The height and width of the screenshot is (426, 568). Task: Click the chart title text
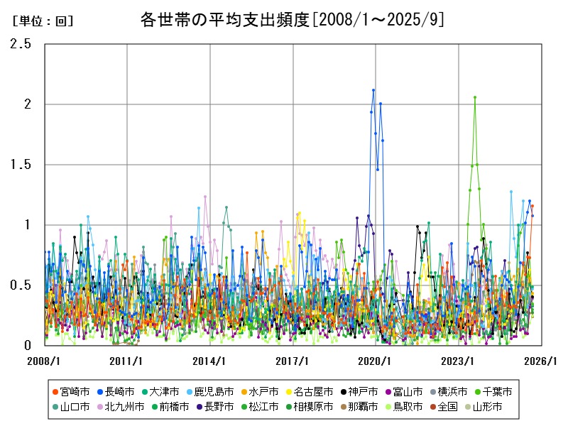click(x=293, y=20)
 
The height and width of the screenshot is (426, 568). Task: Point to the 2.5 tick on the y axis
click(x=21, y=44)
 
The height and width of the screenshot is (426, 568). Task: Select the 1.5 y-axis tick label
click(x=21, y=165)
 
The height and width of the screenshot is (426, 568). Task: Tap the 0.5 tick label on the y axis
click(x=21, y=285)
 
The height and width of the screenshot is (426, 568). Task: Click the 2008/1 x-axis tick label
click(x=44, y=361)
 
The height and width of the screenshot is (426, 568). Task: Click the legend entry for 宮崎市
click(x=75, y=391)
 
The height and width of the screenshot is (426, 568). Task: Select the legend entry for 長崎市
click(x=120, y=391)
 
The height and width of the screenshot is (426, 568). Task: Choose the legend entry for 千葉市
click(x=493, y=391)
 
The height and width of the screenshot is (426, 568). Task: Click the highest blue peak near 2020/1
click(x=373, y=90)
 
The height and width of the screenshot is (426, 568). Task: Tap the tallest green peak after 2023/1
click(x=475, y=97)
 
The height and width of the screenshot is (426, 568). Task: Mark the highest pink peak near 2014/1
click(x=205, y=197)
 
